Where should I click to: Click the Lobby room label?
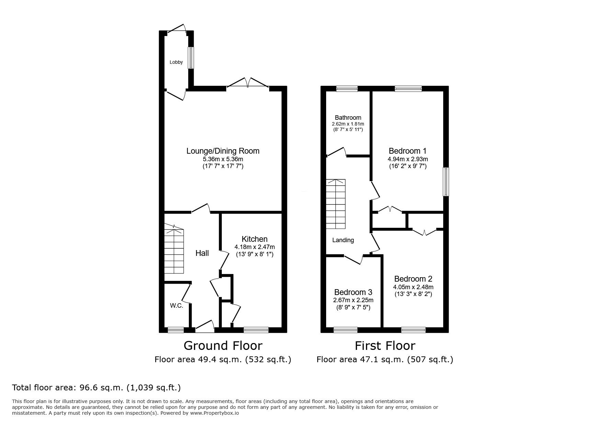click(x=176, y=62)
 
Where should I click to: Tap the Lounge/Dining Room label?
click(x=223, y=151)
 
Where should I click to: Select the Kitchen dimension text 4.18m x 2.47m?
click(x=254, y=247)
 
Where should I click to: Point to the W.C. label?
click(x=176, y=306)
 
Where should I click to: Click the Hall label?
click(x=202, y=253)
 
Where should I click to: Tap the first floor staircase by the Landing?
click(x=336, y=204)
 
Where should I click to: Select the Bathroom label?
click(x=348, y=118)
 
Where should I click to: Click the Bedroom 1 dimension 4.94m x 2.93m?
click(x=408, y=159)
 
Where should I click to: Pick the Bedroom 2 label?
click(x=413, y=279)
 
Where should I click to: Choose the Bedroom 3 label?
click(x=353, y=292)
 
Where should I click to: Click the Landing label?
click(x=343, y=240)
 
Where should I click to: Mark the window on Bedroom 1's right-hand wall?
click(x=446, y=182)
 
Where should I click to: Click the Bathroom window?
click(x=347, y=88)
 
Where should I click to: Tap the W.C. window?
click(x=175, y=330)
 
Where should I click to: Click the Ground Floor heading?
click(x=223, y=345)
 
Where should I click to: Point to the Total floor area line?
click(x=96, y=388)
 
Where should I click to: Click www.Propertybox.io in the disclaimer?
click(x=215, y=413)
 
